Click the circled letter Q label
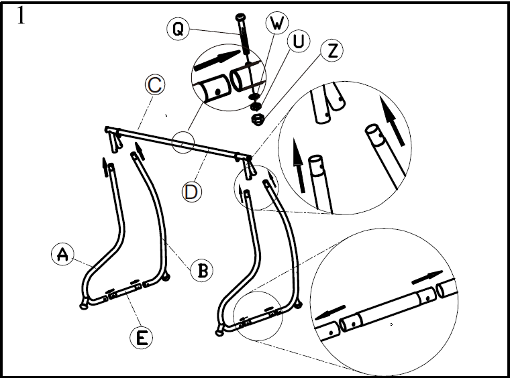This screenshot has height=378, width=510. point(178,29)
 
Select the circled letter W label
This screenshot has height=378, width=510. point(276,24)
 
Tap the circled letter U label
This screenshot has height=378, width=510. point(298,42)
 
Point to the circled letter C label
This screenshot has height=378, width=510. point(154,86)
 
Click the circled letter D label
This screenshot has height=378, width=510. point(192,192)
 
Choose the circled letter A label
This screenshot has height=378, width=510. point(62,254)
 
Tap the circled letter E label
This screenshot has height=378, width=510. point(142,338)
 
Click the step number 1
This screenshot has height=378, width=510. point(21,16)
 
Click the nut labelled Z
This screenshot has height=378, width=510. point(256,120)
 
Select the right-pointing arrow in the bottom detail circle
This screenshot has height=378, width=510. point(426,275)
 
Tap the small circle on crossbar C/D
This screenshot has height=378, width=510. point(183,142)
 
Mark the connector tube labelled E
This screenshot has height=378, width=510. point(125,292)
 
